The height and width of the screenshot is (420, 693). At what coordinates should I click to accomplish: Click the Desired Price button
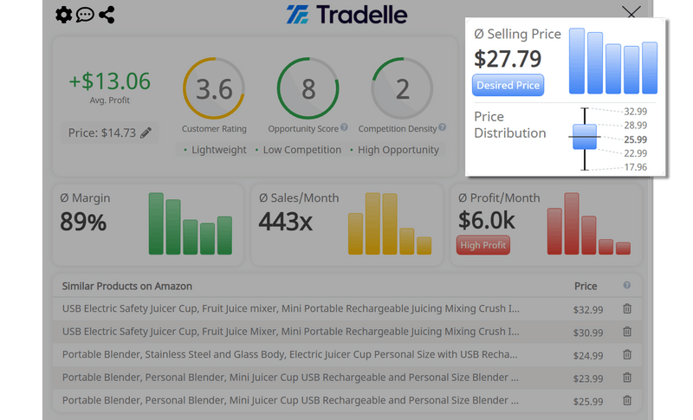tap(508, 85)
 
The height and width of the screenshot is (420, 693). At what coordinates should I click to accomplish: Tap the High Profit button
tap(483, 245)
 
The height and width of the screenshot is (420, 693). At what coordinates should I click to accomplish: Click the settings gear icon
tap(63, 15)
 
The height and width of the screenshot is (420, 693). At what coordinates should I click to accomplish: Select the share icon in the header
tap(107, 15)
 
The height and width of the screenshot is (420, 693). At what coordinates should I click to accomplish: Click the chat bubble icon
tap(85, 15)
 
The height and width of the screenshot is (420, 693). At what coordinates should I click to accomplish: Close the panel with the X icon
tap(631, 13)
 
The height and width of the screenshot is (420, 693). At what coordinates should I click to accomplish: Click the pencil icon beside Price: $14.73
tap(146, 132)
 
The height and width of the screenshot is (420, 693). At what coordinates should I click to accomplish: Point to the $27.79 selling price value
tap(508, 59)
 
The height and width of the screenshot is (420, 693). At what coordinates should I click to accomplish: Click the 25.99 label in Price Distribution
tap(635, 139)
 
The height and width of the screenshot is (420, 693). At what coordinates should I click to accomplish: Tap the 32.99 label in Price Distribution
tap(635, 112)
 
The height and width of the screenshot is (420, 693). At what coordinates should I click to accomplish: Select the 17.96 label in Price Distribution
tap(635, 167)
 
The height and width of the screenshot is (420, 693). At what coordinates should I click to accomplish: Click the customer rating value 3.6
tap(214, 89)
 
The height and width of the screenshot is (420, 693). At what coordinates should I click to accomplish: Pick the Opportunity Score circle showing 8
tap(308, 89)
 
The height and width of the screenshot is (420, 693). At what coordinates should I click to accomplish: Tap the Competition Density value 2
tap(402, 89)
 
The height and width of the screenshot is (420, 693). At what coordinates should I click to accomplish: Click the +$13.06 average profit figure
tap(110, 81)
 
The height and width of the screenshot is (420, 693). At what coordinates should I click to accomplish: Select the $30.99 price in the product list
tap(587, 332)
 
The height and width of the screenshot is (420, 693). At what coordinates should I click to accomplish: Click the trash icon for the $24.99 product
tap(627, 355)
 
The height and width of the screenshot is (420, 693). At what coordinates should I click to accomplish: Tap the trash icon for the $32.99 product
tap(627, 308)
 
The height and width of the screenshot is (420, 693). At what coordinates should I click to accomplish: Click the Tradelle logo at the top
tap(346, 15)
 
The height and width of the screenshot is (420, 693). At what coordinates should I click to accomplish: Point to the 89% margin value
tap(83, 223)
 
